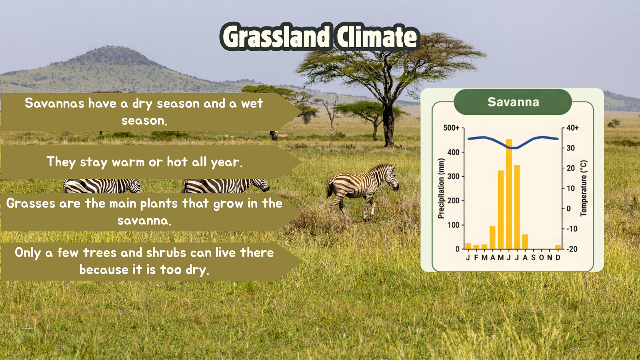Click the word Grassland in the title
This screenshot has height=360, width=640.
(x=276, y=36)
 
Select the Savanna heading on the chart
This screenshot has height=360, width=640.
(x=513, y=102)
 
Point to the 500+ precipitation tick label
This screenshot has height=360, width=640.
(x=451, y=128)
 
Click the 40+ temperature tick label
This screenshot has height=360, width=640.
(x=572, y=128)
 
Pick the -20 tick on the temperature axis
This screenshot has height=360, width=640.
(x=572, y=249)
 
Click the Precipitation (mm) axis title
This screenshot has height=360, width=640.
(x=441, y=188)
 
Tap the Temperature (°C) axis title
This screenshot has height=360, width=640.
(x=584, y=188)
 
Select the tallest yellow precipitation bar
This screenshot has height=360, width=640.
(x=509, y=194)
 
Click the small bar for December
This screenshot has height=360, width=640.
(x=558, y=247)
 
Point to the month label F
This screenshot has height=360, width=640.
(x=476, y=258)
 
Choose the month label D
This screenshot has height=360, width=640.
(x=558, y=258)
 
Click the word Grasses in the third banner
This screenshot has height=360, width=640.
(x=30, y=204)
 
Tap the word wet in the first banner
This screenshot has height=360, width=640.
(x=252, y=104)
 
